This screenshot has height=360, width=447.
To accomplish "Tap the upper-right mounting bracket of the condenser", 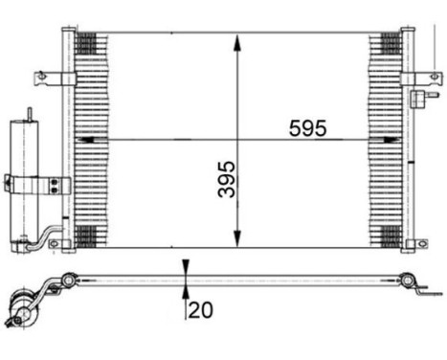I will (x=422, y=77).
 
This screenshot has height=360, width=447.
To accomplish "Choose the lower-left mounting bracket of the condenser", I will (x=57, y=245).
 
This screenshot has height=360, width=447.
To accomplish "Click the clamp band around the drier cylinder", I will (x=21, y=182).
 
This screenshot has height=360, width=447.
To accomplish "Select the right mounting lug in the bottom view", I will (x=410, y=281).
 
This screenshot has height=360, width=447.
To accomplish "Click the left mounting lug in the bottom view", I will (x=68, y=281).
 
